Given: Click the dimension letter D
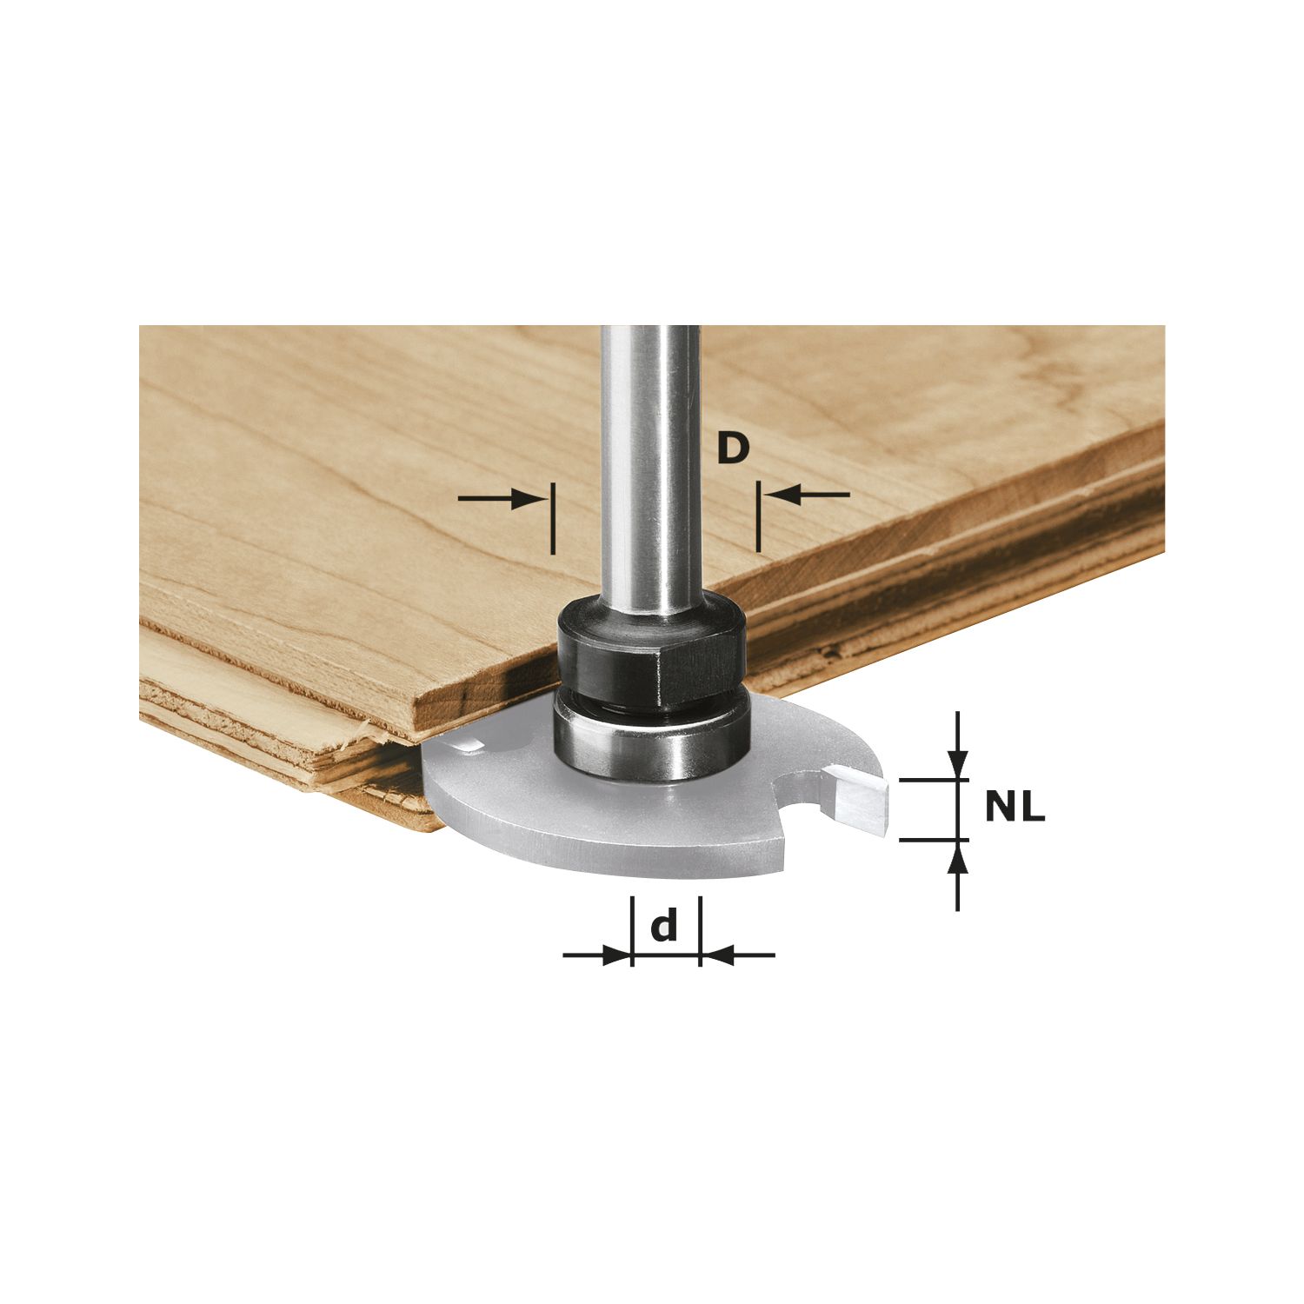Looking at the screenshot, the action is coord(733,449).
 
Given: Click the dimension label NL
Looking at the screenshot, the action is coord(1015,809).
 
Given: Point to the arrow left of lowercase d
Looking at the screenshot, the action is coord(596,955).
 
